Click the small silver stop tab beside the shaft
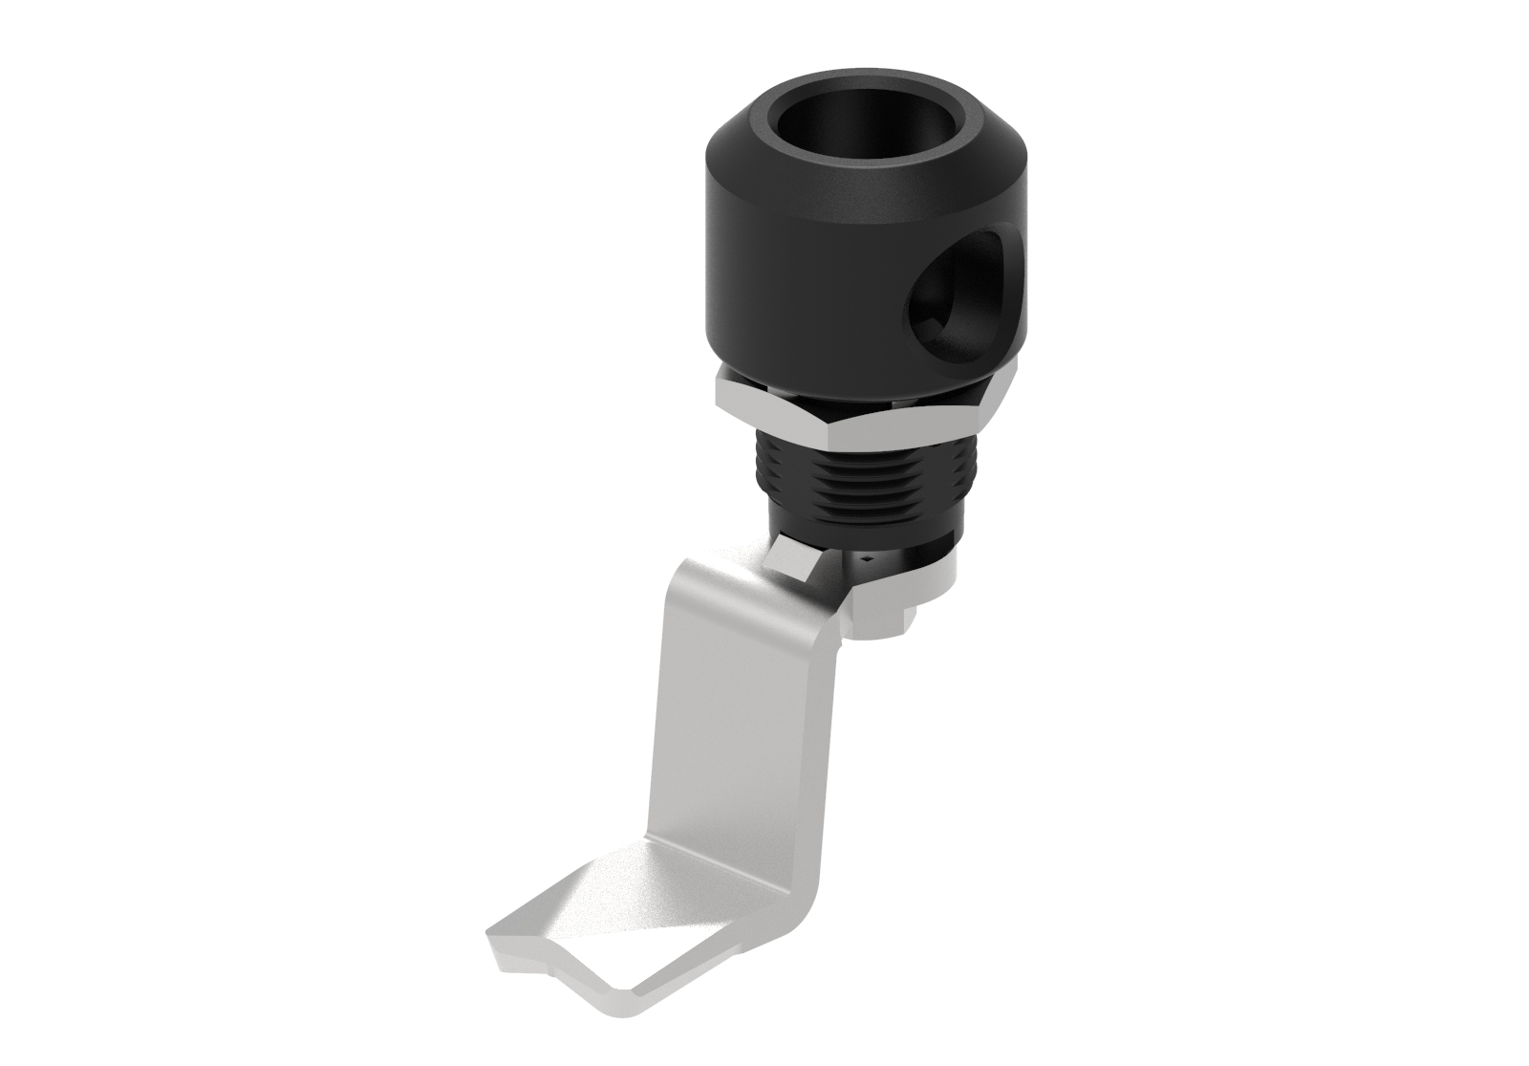tap(793, 560)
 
